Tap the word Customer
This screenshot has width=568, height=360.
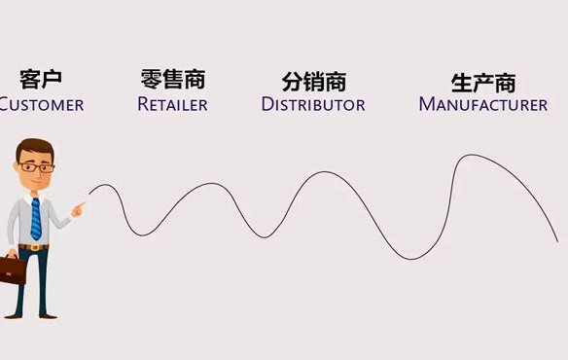point(41,103)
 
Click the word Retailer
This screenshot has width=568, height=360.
point(173,103)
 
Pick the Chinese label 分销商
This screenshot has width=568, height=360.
point(314,81)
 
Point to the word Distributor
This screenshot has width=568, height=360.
point(313,103)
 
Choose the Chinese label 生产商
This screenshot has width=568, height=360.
point(483,81)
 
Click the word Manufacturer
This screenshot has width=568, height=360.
point(482,103)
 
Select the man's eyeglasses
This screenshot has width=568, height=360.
point(37,167)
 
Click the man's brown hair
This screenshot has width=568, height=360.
point(33,148)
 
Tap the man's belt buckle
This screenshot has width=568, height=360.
point(37,247)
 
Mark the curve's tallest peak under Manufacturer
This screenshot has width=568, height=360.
point(468,155)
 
